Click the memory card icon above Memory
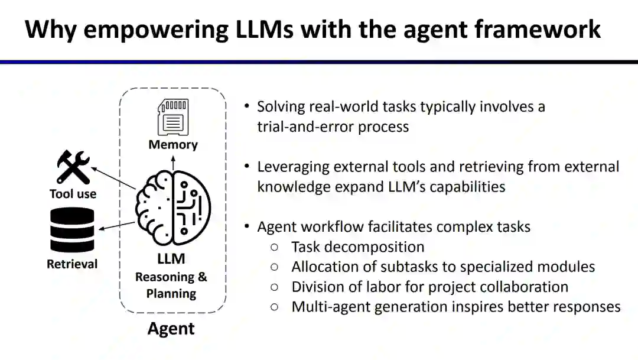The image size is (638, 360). pos(173,117)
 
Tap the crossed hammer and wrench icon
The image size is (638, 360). pos(73,167)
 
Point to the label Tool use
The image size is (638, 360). pos(73,194)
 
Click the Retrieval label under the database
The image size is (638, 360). pos(72,264)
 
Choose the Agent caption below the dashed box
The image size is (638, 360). pos(171,328)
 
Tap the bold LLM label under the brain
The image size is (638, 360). pos(171,259)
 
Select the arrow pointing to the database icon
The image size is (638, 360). pos(117,226)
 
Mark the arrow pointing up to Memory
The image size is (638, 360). pos(173,164)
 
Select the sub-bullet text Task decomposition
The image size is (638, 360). pos(358,247)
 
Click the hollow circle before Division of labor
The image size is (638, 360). pos(274,287)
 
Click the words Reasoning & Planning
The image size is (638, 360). pos(171,285)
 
